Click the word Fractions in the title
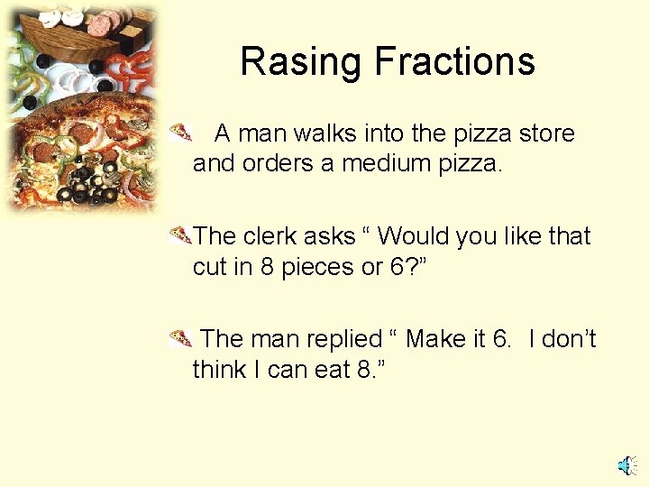[454, 62]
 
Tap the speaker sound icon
[627, 465]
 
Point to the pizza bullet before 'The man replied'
[181, 340]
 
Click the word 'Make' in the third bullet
[435, 339]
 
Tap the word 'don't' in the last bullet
[570, 339]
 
